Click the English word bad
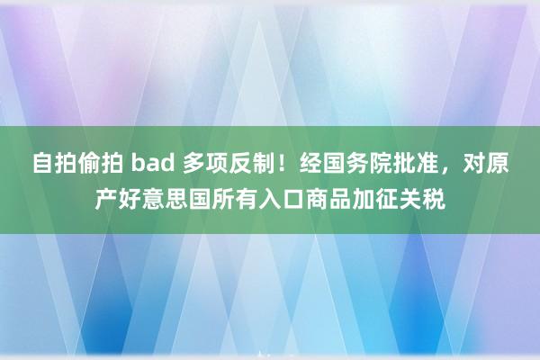[153, 163]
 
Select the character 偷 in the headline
[90, 163]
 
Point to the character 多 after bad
[194, 163]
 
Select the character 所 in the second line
[223, 199]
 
